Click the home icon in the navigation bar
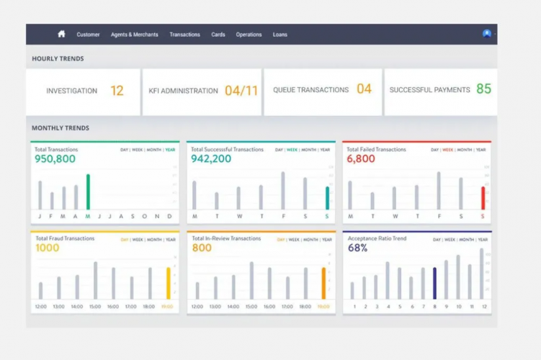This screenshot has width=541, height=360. tap(61, 34)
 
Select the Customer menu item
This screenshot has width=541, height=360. tap(88, 35)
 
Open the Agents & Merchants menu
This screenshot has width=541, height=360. tap(135, 35)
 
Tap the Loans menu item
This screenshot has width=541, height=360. tap(280, 35)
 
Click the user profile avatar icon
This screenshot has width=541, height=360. tap(487, 34)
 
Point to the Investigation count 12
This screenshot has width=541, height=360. tap(117, 91)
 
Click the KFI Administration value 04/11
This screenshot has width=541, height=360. tap(241, 91)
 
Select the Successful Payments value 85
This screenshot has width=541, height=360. tap(483, 89)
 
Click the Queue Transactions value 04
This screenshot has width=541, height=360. tap(364, 89)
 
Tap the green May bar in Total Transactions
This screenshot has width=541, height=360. tap(88, 192)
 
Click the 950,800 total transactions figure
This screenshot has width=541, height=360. tap(55, 159)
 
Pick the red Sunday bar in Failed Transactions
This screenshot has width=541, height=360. tap(483, 197)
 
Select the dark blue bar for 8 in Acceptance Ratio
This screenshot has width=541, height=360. tap(434, 283)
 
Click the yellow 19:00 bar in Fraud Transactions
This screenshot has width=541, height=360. tap(169, 283)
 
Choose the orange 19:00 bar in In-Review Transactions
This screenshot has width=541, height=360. tap(323, 283)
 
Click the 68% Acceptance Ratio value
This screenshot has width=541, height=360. tap(358, 248)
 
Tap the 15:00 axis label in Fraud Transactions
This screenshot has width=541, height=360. tap(95, 307)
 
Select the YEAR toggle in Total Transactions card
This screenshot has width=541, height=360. tap(170, 150)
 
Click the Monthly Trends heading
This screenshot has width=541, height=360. tap(61, 128)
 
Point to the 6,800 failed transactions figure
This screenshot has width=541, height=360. tap(361, 159)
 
